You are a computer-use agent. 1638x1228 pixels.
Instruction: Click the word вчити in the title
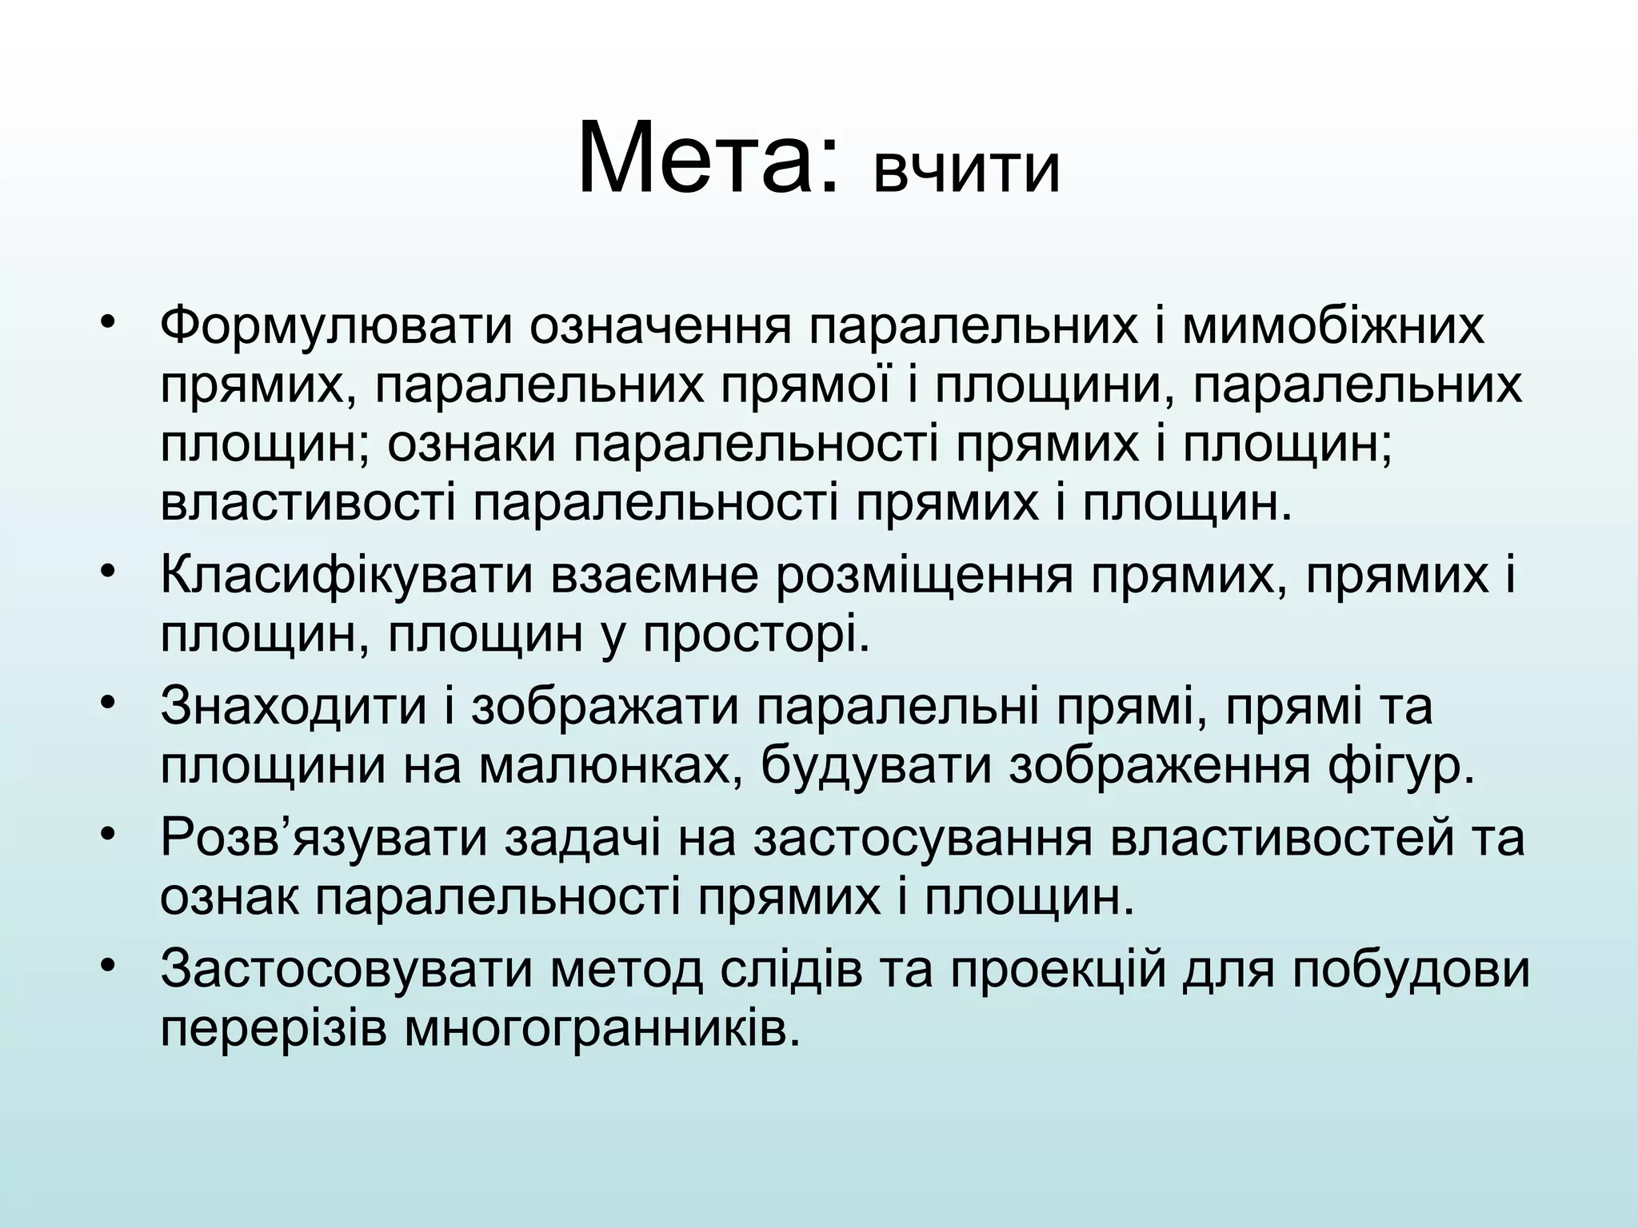(966, 170)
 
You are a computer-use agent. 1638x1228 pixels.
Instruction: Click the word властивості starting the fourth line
(308, 504)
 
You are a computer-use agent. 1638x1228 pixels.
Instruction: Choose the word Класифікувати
(346, 576)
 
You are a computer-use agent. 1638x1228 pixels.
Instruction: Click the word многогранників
(601, 1029)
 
